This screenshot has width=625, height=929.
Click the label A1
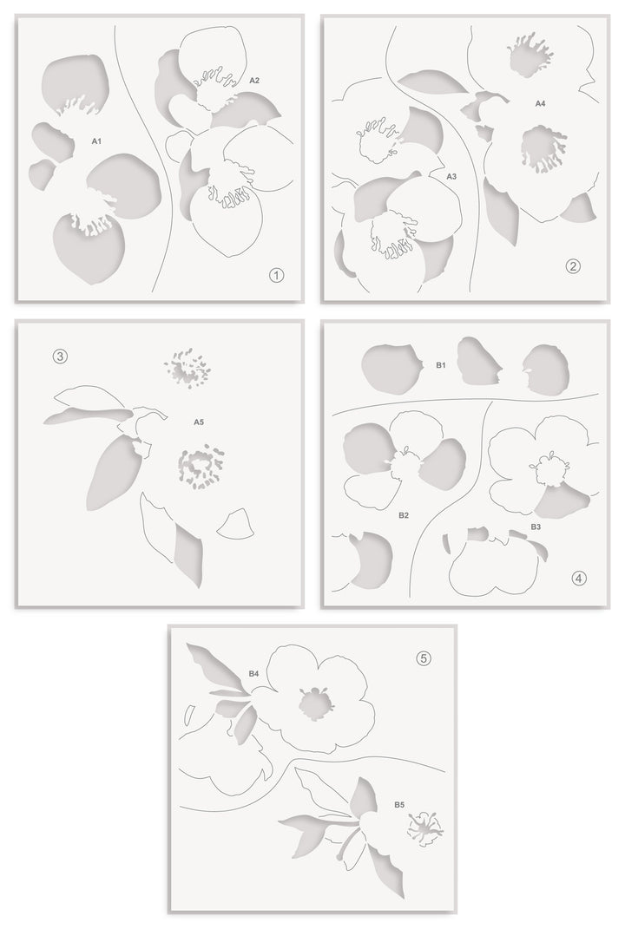click(96, 140)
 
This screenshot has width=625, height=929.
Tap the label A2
click(254, 80)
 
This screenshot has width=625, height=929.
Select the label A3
click(451, 176)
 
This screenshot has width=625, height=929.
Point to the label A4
click(540, 103)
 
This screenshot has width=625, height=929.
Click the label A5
click(199, 422)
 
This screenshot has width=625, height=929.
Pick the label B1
click(441, 366)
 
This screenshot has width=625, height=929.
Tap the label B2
click(404, 515)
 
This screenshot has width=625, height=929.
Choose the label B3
click(536, 527)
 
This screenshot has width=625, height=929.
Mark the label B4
click(253, 672)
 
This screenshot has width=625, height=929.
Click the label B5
click(398, 805)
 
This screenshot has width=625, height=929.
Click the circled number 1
click(276, 276)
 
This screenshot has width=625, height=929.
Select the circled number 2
click(572, 266)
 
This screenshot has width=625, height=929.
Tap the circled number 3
click(60, 356)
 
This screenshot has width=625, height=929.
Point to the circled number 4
click(579, 578)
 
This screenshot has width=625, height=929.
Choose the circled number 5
click(424, 658)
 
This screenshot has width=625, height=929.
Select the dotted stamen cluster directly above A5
click(187, 369)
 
